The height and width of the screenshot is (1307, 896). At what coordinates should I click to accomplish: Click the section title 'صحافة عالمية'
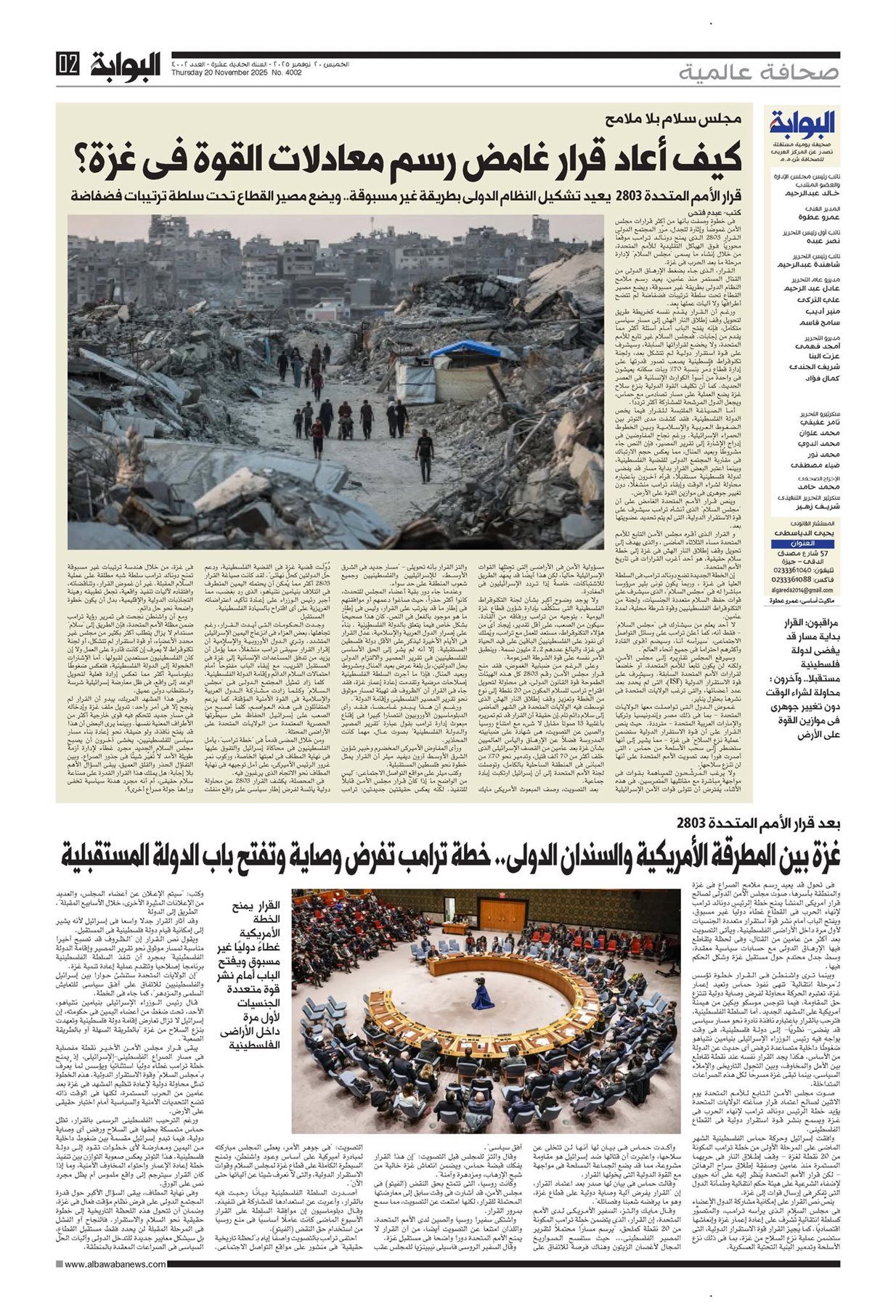[759, 73]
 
